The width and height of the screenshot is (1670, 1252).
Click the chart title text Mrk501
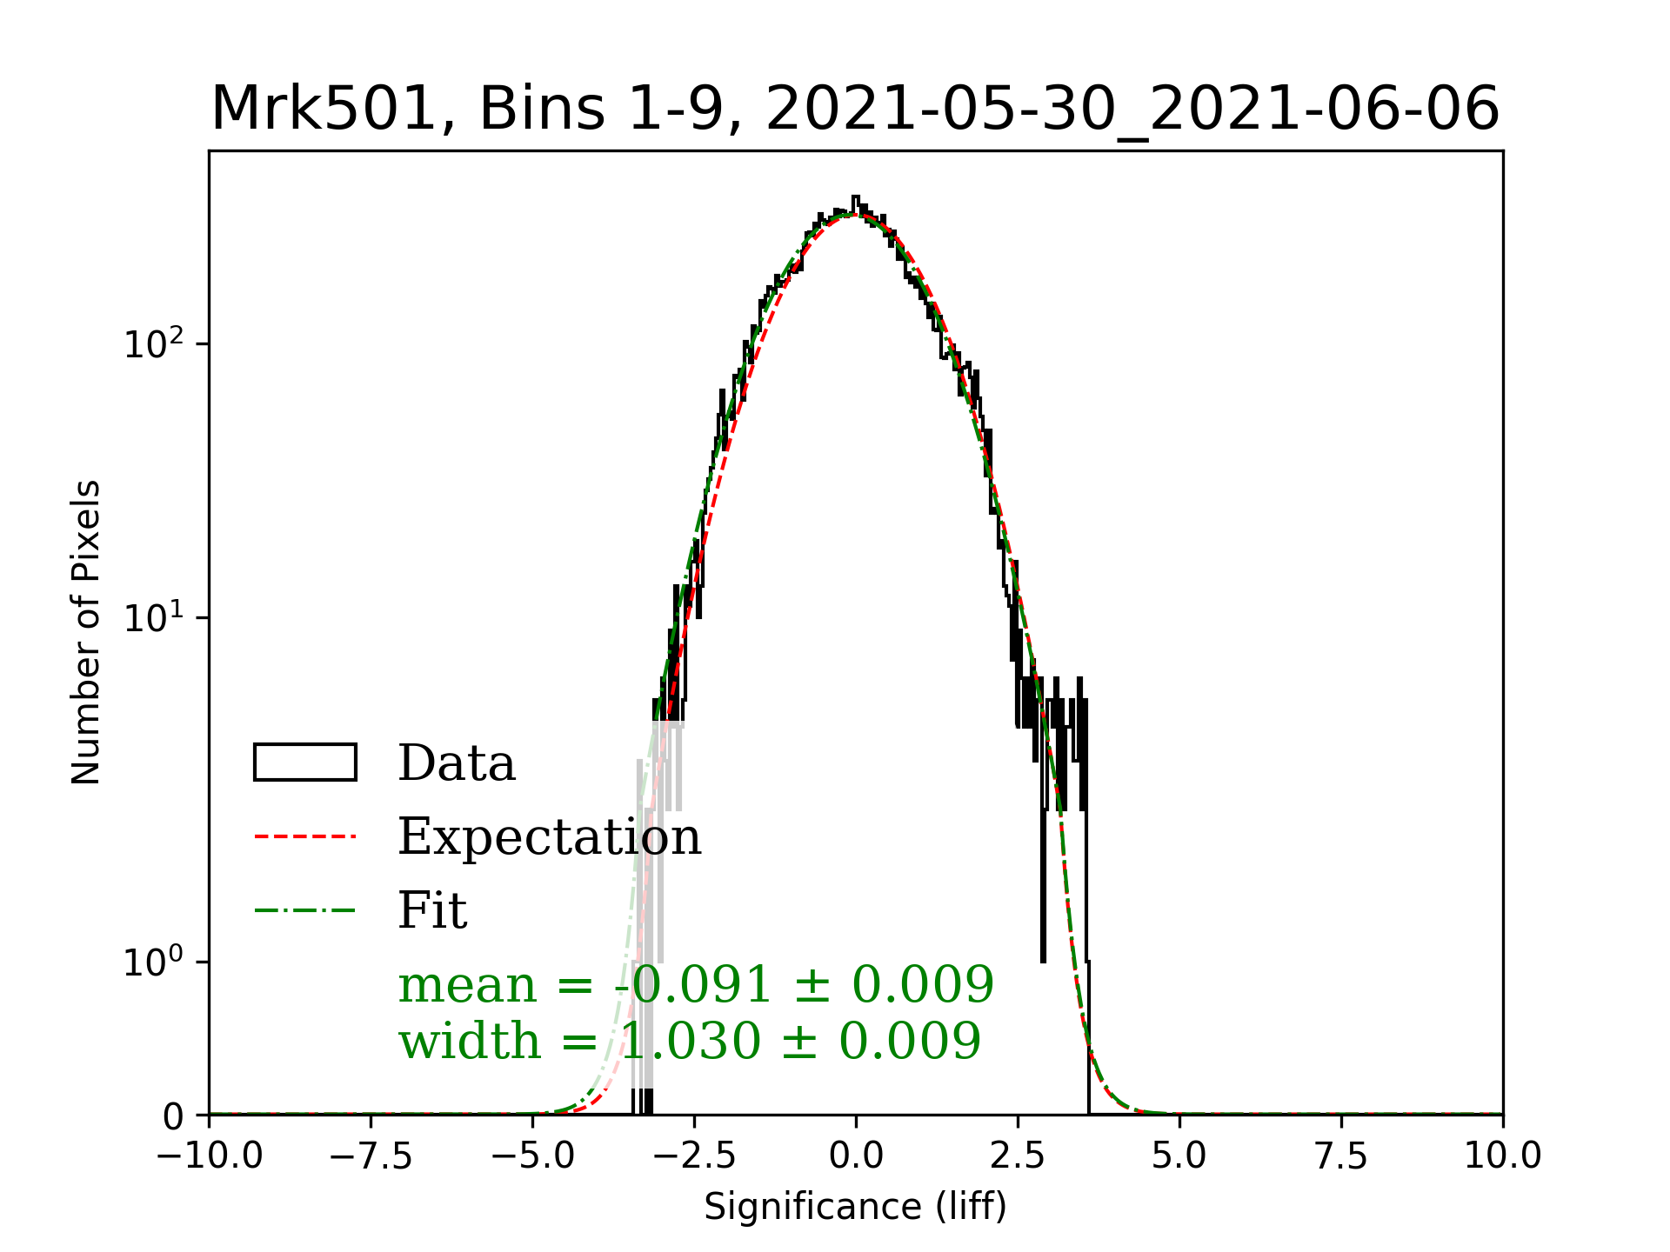321,110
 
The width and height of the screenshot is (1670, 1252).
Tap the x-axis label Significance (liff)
855,1207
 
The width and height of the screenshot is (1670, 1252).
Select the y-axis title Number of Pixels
86,632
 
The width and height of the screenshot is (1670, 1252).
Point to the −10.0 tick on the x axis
210,1155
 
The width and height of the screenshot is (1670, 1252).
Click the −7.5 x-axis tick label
371,1155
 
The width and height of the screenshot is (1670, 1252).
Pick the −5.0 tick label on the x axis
533,1155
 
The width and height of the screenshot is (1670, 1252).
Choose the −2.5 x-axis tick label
694,1155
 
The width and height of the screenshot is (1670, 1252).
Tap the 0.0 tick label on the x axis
856,1155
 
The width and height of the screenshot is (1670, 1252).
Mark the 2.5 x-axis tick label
1018,1155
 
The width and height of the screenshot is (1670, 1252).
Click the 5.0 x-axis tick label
1179,1155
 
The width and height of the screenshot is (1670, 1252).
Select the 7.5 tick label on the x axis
1341,1155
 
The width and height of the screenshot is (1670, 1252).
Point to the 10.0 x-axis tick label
1502,1155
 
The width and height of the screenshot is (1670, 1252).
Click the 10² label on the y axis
155,344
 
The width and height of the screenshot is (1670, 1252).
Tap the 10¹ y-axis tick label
155,618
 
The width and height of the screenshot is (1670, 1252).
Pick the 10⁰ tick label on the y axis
155,962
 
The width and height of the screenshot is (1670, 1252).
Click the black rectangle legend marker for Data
304,763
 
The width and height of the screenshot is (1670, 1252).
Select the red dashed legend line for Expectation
304,836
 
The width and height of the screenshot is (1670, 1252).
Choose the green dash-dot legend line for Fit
304,910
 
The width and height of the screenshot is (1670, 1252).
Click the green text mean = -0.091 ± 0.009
696,985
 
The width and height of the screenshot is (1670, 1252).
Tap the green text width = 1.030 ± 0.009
690,1041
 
